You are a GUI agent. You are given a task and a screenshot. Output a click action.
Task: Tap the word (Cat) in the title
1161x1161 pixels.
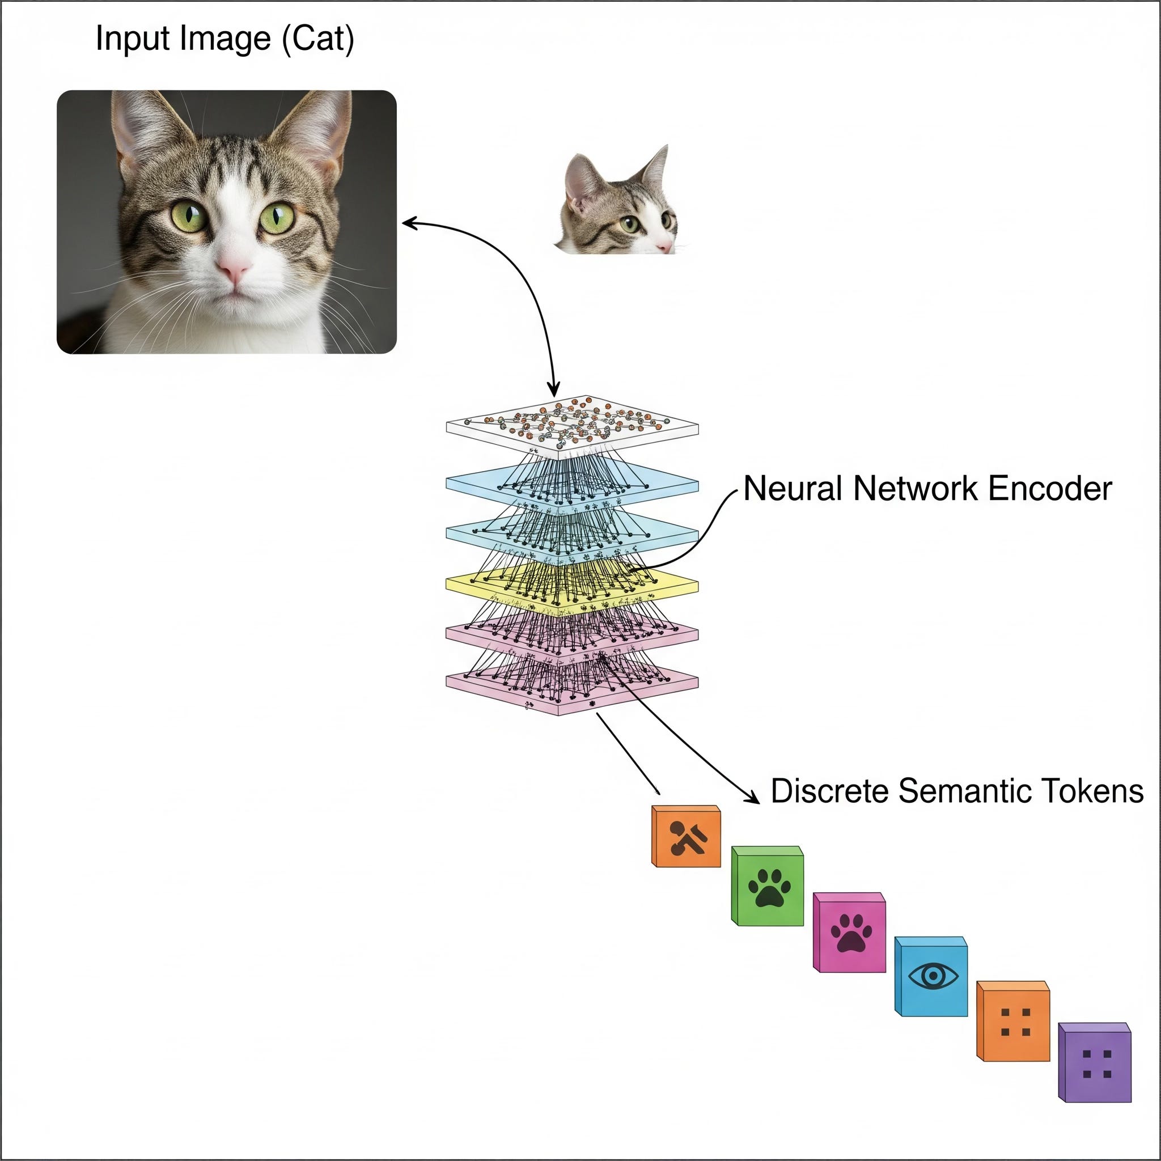(x=318, y=39)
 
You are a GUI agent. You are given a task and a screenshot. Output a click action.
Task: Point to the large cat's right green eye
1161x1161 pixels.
(x=277, y=218)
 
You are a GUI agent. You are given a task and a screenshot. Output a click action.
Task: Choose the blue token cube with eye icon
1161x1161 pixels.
(x=932, y=978)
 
